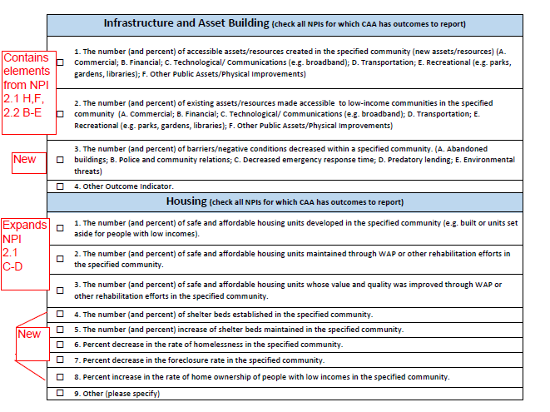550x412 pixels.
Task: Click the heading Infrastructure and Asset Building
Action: [197, 23]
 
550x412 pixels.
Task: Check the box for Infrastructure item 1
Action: [60, 62]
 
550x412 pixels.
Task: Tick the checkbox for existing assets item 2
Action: [60, 113]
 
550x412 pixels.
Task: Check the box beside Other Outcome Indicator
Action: [60, 186]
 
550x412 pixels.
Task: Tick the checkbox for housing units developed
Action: [60, 228]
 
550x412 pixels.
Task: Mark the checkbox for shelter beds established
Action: [60, 315]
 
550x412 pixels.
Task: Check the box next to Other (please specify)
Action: [60, 393]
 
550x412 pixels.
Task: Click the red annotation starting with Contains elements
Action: [26, 82]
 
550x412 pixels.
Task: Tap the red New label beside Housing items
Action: [29, 335]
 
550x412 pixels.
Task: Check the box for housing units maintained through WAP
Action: [60, 259]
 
